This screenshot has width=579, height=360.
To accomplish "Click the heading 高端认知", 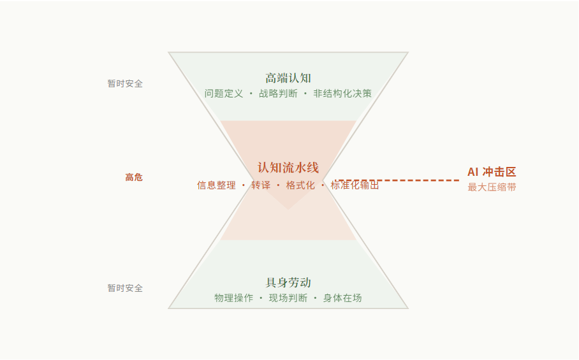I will pos(288,78).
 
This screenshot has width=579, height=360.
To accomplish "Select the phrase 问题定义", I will pos(224,94).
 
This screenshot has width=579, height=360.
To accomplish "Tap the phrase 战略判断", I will pos(278,94).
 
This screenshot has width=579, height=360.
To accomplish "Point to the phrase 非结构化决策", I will pos(342,94).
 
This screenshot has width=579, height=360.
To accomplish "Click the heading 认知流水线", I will pos(288,168).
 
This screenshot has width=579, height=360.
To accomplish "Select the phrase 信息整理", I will pos(216,185).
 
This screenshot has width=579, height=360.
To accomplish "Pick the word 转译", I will pos(261,185).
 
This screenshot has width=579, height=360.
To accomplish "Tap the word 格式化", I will pos(300,185).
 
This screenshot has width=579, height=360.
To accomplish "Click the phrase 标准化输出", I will pos(355,185).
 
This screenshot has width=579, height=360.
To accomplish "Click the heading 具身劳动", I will pos(288,283).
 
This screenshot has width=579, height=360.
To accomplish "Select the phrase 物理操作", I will pos(233,298).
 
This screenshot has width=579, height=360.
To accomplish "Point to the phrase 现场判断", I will pos(288,298).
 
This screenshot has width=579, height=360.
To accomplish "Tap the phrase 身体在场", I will pos(342,298).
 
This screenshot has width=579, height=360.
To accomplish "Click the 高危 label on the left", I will pos(134,177).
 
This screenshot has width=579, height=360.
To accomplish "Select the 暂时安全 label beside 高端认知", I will pos(125,83).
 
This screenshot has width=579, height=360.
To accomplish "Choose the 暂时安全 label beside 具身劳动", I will pos(125,288).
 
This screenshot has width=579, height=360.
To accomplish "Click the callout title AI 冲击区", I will pos(492,172).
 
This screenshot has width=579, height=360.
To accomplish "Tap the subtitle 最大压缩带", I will pos(492,187).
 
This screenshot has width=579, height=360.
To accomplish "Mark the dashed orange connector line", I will pos(408,180).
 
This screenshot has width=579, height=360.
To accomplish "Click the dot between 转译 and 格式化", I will pos(278,185).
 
